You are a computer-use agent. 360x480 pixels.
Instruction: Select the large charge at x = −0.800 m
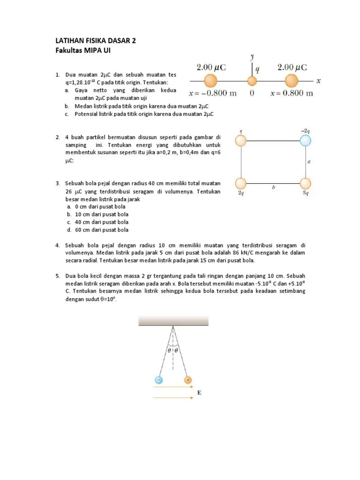coord(211,81)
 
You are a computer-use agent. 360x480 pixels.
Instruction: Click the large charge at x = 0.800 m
coord(292,81)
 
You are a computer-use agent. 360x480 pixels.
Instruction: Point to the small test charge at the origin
coord(252,81)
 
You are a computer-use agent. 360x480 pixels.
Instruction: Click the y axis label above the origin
coord(252,57)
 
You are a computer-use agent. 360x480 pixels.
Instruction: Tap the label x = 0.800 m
coord(292,93)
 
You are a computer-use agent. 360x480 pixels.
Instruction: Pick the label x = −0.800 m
coord(212,93)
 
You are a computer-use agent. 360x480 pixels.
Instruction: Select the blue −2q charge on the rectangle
coord(305,140)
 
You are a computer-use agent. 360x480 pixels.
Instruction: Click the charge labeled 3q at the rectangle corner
coord(305,184)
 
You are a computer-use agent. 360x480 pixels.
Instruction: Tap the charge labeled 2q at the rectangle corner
coord(241,184)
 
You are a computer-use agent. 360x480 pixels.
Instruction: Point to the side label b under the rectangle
coord(273,188)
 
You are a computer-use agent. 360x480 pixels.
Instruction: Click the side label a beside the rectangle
coord(308,161)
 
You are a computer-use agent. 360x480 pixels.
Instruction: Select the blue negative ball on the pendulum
coord(159,380)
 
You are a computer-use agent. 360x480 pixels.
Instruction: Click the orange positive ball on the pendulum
coord(188,380)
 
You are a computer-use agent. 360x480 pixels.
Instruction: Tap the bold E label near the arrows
coord(199,393)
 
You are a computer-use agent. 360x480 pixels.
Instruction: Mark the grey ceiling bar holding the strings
coord(173,321)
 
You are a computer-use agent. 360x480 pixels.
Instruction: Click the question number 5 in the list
coord(57,276)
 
